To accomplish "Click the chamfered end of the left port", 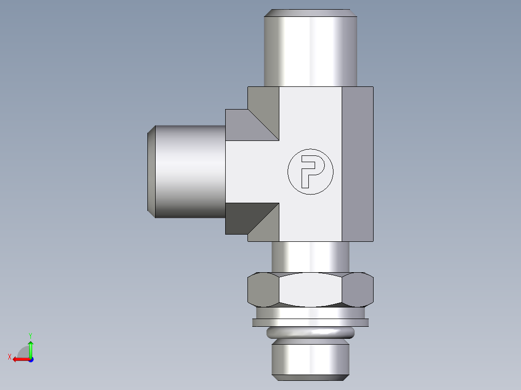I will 151,171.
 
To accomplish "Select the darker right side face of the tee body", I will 357,164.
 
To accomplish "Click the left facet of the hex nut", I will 262,290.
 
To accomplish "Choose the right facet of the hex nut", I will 358,290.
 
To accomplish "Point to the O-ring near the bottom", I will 310,333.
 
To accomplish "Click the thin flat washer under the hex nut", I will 310,322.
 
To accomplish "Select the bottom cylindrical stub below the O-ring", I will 310,360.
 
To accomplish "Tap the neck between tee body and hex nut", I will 310,256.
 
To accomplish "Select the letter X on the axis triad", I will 9,357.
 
